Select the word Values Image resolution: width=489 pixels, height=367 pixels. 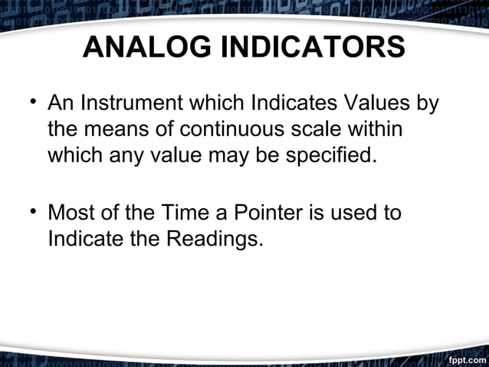(376, 102)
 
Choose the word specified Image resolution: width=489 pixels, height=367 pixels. (330, 157)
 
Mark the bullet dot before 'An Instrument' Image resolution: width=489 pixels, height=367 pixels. (31, 103)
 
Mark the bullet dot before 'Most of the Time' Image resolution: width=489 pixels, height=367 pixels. (31, 212)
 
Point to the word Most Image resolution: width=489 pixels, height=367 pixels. (73, 211)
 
